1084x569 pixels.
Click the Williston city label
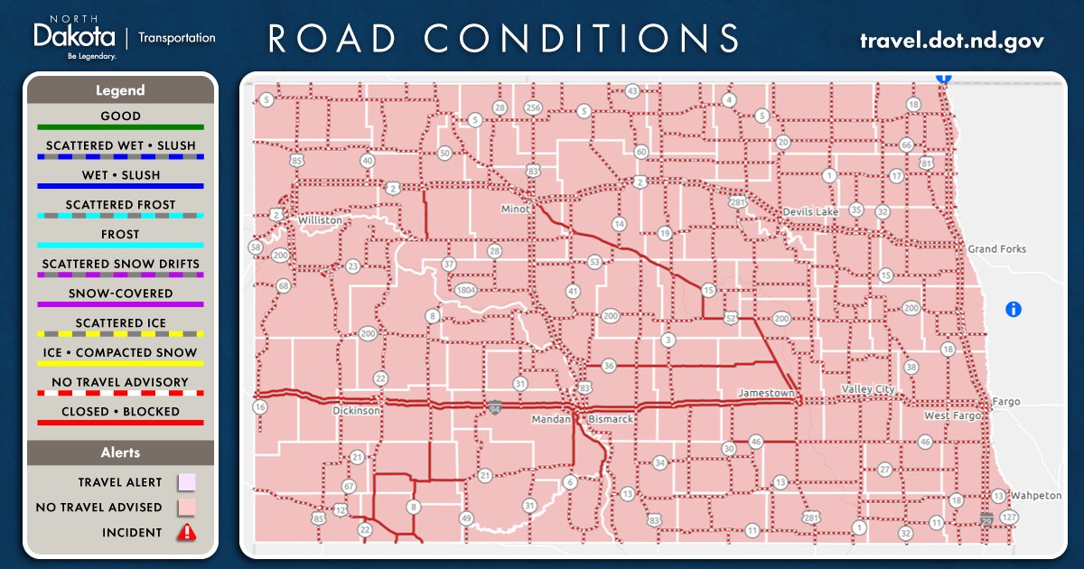pyautogui.click(x=320, y=219)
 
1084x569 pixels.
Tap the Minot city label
pyautogui.click(x=516, y=210)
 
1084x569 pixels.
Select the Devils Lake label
pyautogui.click(x=811, y=211)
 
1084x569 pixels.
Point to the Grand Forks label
pyautogui.click(x=996, y=249)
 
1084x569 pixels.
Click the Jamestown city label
pyautogui.click(x=766, y=394)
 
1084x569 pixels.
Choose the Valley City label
pyautogui.click(x=868, y=389)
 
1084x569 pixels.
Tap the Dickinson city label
pyautogui.click(x=357, y=410)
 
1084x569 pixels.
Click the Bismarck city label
pyautogui.click(x=611, y=420)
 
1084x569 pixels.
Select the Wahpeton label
pyautogui.click(x=1036, y=496)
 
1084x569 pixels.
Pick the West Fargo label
pyautogui.click(x=950, y=415)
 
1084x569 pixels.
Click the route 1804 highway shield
pyautogui.click(x=466, y=290)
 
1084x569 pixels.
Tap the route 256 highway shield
pyautogui.click(x=533, y=108)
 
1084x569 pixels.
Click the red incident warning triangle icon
pyautogui.click(x=186, y=532)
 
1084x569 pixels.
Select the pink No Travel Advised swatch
pyautogui.click(x=186, y=507)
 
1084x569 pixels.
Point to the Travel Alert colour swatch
pyautogui.click(x=186, y=482)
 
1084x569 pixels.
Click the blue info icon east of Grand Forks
pyautogui.click(x=1014, y=310)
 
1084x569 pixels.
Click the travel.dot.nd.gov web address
pyautogui.click(x=951, y=41)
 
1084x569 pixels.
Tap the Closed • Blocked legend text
pyautogui.click(x=120, y=412)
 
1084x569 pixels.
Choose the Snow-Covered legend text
pyautogui.click(x=120, y=294)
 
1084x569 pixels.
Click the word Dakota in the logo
pyautogui.click(x=74, y=37)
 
